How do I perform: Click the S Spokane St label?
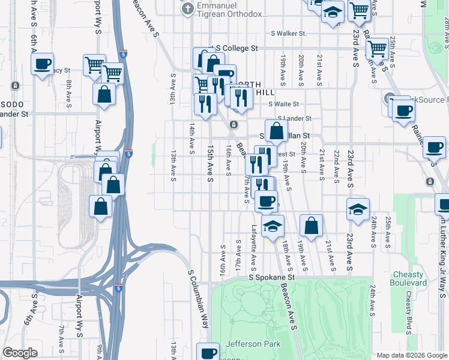[x=273, y=278]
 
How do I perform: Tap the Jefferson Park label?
[x=253, y=344]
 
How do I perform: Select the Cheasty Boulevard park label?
[x=408, y=278]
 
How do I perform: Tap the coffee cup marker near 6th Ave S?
[x=42, y=64]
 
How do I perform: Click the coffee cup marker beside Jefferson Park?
[x=209, y=353]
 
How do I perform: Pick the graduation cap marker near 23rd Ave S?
[x=358, y=209]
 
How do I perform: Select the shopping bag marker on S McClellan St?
[x=276, y=131]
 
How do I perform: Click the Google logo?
[x=20, y=353]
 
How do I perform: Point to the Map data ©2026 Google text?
[x=411, y=355]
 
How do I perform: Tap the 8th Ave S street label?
[x=69, y=92]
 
